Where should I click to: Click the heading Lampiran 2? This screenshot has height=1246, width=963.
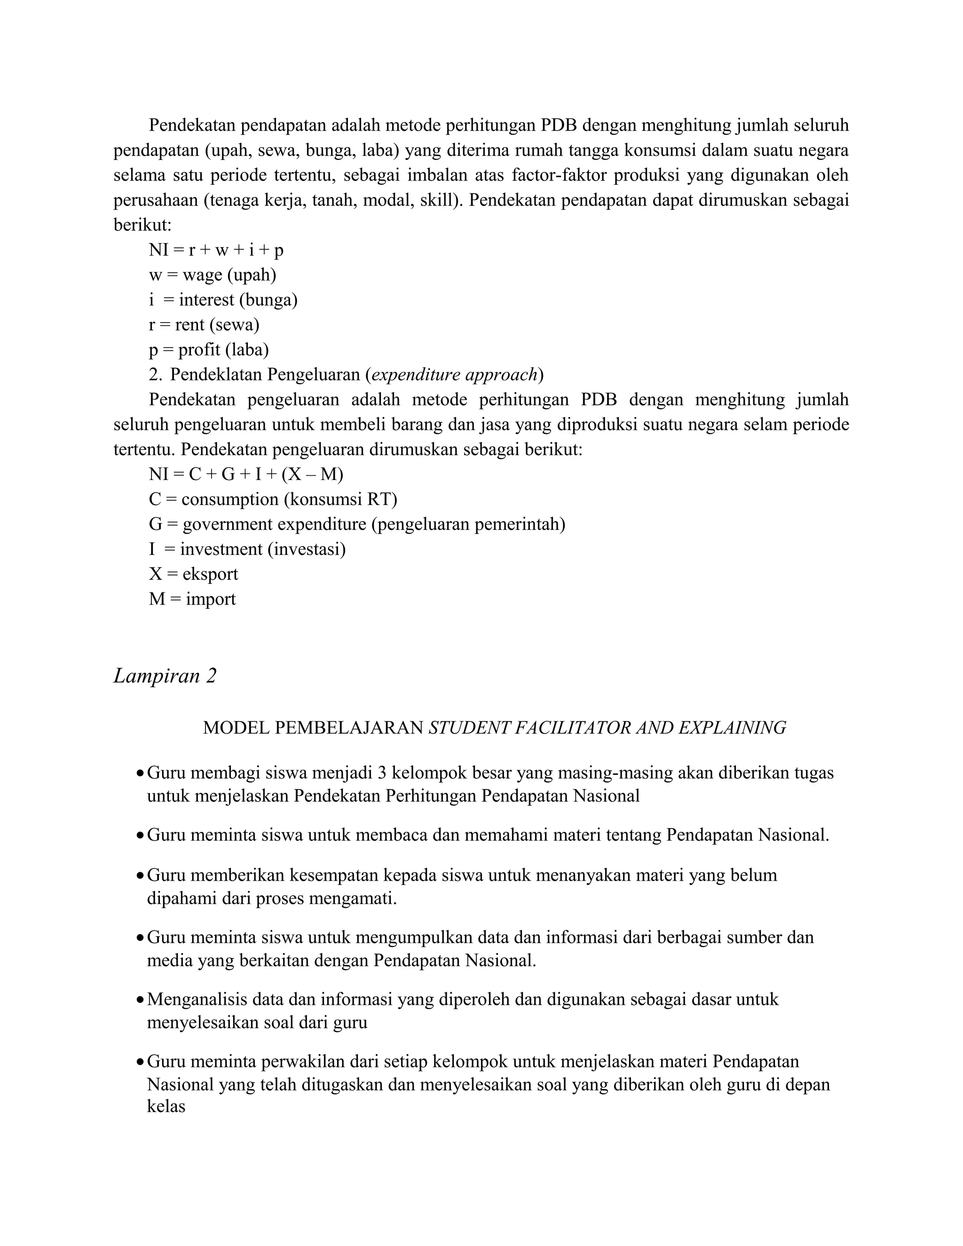165,676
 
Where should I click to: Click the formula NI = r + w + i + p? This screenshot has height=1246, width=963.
216,250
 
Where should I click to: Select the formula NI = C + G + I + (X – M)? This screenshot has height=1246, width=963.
246,474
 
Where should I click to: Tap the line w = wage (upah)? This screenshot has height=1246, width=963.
212,275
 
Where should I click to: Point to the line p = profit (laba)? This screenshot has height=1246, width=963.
209,350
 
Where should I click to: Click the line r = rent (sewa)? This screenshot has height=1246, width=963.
204,324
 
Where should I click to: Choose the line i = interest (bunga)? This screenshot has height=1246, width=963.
223,300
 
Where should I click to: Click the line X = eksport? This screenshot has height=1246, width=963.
193,574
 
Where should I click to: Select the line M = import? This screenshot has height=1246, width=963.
192,599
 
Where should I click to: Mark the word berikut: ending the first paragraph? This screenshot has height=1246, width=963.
142,225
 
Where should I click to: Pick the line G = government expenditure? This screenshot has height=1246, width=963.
356,524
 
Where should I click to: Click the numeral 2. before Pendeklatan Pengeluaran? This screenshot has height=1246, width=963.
156,375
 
